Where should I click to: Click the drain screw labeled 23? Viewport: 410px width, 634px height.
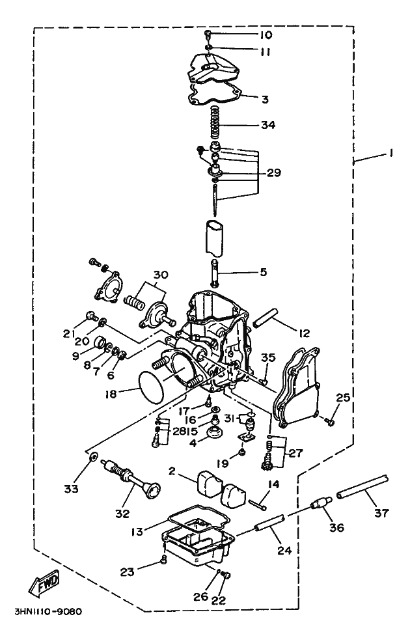pyautogui.click(x=163, y=559)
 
